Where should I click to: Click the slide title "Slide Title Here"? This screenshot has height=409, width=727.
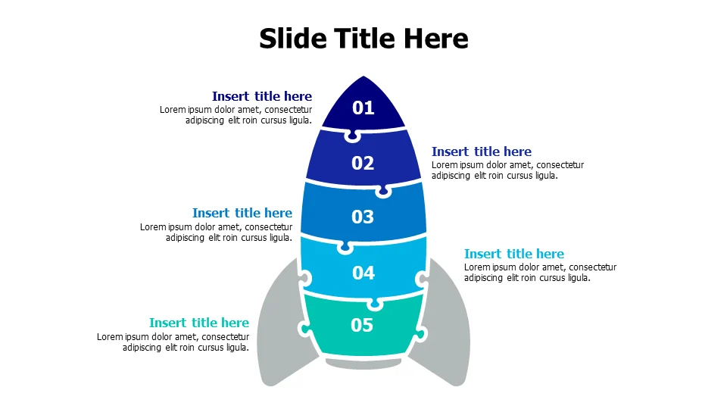coord(363,38)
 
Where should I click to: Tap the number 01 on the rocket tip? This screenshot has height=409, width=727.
coord(363,108)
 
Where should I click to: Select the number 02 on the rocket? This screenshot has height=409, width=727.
coord(363,164)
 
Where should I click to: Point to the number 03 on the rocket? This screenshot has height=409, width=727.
coord(363,217)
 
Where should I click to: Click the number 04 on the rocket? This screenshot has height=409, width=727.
coord(363,273)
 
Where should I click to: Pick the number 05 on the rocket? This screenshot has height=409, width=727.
coord(362,325)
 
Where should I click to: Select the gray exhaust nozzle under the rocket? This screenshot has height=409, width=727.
coord(363,364)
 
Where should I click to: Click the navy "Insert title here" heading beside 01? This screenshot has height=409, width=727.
coord(262,96)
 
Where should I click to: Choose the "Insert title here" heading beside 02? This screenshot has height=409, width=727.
coord(482,151)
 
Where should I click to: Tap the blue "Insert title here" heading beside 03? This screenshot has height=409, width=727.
coord(242,213)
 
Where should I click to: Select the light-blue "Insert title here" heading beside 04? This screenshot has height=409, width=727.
coord(514,254)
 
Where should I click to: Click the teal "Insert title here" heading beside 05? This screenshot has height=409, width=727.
coord(199,323)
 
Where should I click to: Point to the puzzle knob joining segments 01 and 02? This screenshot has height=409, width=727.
coord(352,136)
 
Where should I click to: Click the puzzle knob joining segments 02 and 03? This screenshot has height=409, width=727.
coord(383,191)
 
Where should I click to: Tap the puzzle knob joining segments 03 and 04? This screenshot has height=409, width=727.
coord(345,247)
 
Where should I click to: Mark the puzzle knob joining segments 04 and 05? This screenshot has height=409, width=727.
coord(375,304)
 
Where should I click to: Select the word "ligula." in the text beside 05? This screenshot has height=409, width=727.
coord(237,348)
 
